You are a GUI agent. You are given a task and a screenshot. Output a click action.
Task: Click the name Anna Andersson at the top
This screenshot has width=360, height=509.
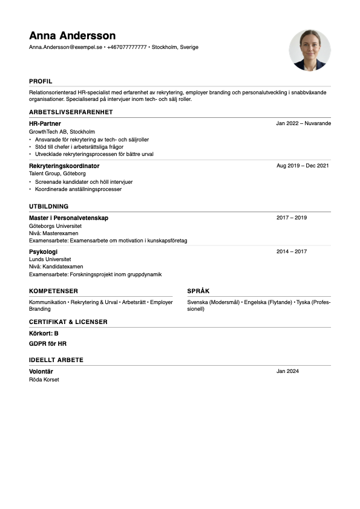click(x=72, y=36)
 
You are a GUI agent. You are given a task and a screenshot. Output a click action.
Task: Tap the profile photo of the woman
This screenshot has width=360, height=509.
click(x=310, y=50)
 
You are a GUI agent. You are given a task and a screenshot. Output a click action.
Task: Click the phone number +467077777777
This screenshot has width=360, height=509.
click(x=127, y=47)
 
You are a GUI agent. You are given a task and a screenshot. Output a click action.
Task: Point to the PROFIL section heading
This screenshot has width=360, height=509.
click(x=41, y=81)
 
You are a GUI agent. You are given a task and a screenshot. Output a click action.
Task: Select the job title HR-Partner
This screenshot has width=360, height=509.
click(x=45, y=123)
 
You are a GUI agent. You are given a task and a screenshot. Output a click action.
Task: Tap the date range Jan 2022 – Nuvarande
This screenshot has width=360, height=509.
click(x=303, y=123)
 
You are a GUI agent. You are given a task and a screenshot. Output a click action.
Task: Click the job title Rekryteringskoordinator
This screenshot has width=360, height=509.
click(x=64, y=166)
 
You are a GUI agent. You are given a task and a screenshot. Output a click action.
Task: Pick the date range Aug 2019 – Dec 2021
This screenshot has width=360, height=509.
click(x=303, y=166)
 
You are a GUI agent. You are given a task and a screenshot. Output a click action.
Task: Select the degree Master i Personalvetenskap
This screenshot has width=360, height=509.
click(x=68, y=218)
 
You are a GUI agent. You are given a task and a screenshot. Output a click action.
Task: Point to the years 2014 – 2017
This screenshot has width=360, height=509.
click(x=292, y=251)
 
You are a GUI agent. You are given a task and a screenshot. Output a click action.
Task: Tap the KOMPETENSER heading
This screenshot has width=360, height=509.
click(x=53, y=291)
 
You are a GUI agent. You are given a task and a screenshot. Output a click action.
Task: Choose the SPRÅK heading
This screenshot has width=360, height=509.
click(x=198, y=291)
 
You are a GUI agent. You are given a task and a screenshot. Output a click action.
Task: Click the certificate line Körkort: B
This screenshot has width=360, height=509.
click(x=44, y=333)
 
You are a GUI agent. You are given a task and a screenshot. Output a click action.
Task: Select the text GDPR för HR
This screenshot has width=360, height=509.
click(x=48, y=343)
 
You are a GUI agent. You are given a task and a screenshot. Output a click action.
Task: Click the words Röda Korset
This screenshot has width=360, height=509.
click(x=44, y=380)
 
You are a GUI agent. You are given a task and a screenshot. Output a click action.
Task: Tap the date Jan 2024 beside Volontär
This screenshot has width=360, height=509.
click(x=287, y=371)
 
